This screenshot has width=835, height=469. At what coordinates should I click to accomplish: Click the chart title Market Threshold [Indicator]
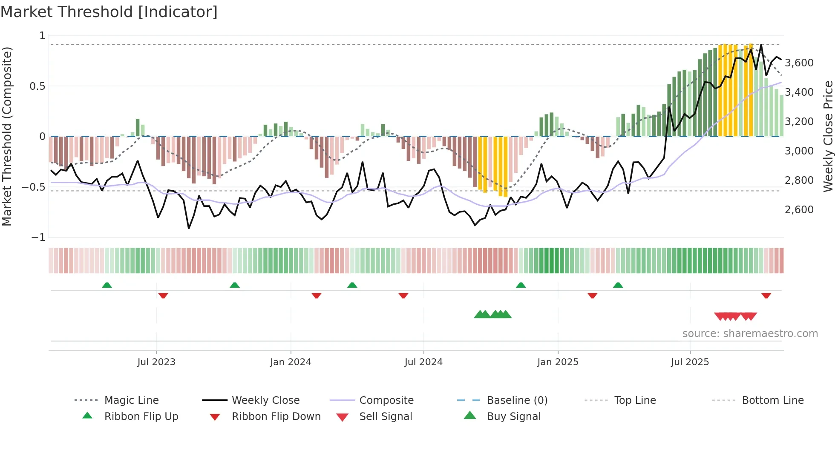coord(109,12)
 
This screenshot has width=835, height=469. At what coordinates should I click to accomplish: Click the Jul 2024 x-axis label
coord(423,362)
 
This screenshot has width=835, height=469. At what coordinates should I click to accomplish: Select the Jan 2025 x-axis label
coord(558,362)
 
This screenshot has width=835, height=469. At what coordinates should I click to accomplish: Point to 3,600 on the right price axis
coord(799,63)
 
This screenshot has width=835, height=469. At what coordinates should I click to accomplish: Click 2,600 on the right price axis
coord(799,209)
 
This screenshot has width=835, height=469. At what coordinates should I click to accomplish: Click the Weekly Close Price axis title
coord(828,136)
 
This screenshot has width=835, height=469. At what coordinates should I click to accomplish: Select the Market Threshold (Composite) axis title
coord(7,136)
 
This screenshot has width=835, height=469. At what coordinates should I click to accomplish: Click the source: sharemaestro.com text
coord(750,333)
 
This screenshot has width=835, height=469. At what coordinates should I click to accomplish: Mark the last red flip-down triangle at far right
coord(766,295)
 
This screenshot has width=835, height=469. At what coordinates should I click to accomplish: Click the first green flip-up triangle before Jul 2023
coord(107,285)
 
